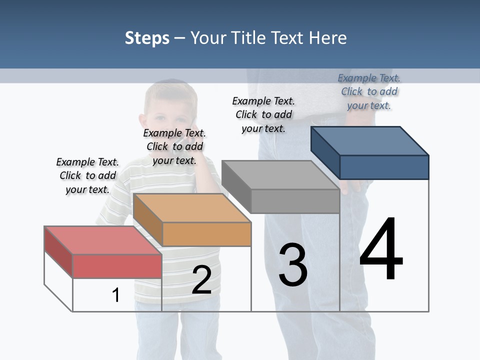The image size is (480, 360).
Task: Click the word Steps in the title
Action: pyautogui.click(x=147, y=38)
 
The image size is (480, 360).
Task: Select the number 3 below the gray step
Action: pyautogui.click(x=293, y=265)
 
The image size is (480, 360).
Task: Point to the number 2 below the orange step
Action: pyautogui.click(x=201, y=280)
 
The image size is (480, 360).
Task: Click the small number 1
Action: pyautogui.click(x=116, y=295)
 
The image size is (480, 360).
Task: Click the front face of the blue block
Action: pyautogui.click(x=384, y=167)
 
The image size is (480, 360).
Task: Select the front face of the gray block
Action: pyautogui.click(x=295, y=201)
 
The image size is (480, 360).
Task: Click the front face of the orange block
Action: pyautogui.click(x=206, y=233)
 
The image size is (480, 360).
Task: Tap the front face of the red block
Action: pyautogui.click(x=117, y=266)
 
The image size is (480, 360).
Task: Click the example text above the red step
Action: pyautogui.click(x=87, y=175)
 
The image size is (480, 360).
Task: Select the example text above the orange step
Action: pyautogui.click(x=174, y=146)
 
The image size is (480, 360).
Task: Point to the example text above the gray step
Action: pyautogui.click(x=263, y=114)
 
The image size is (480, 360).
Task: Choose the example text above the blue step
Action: pyautogui.click(x=369, y=91)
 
